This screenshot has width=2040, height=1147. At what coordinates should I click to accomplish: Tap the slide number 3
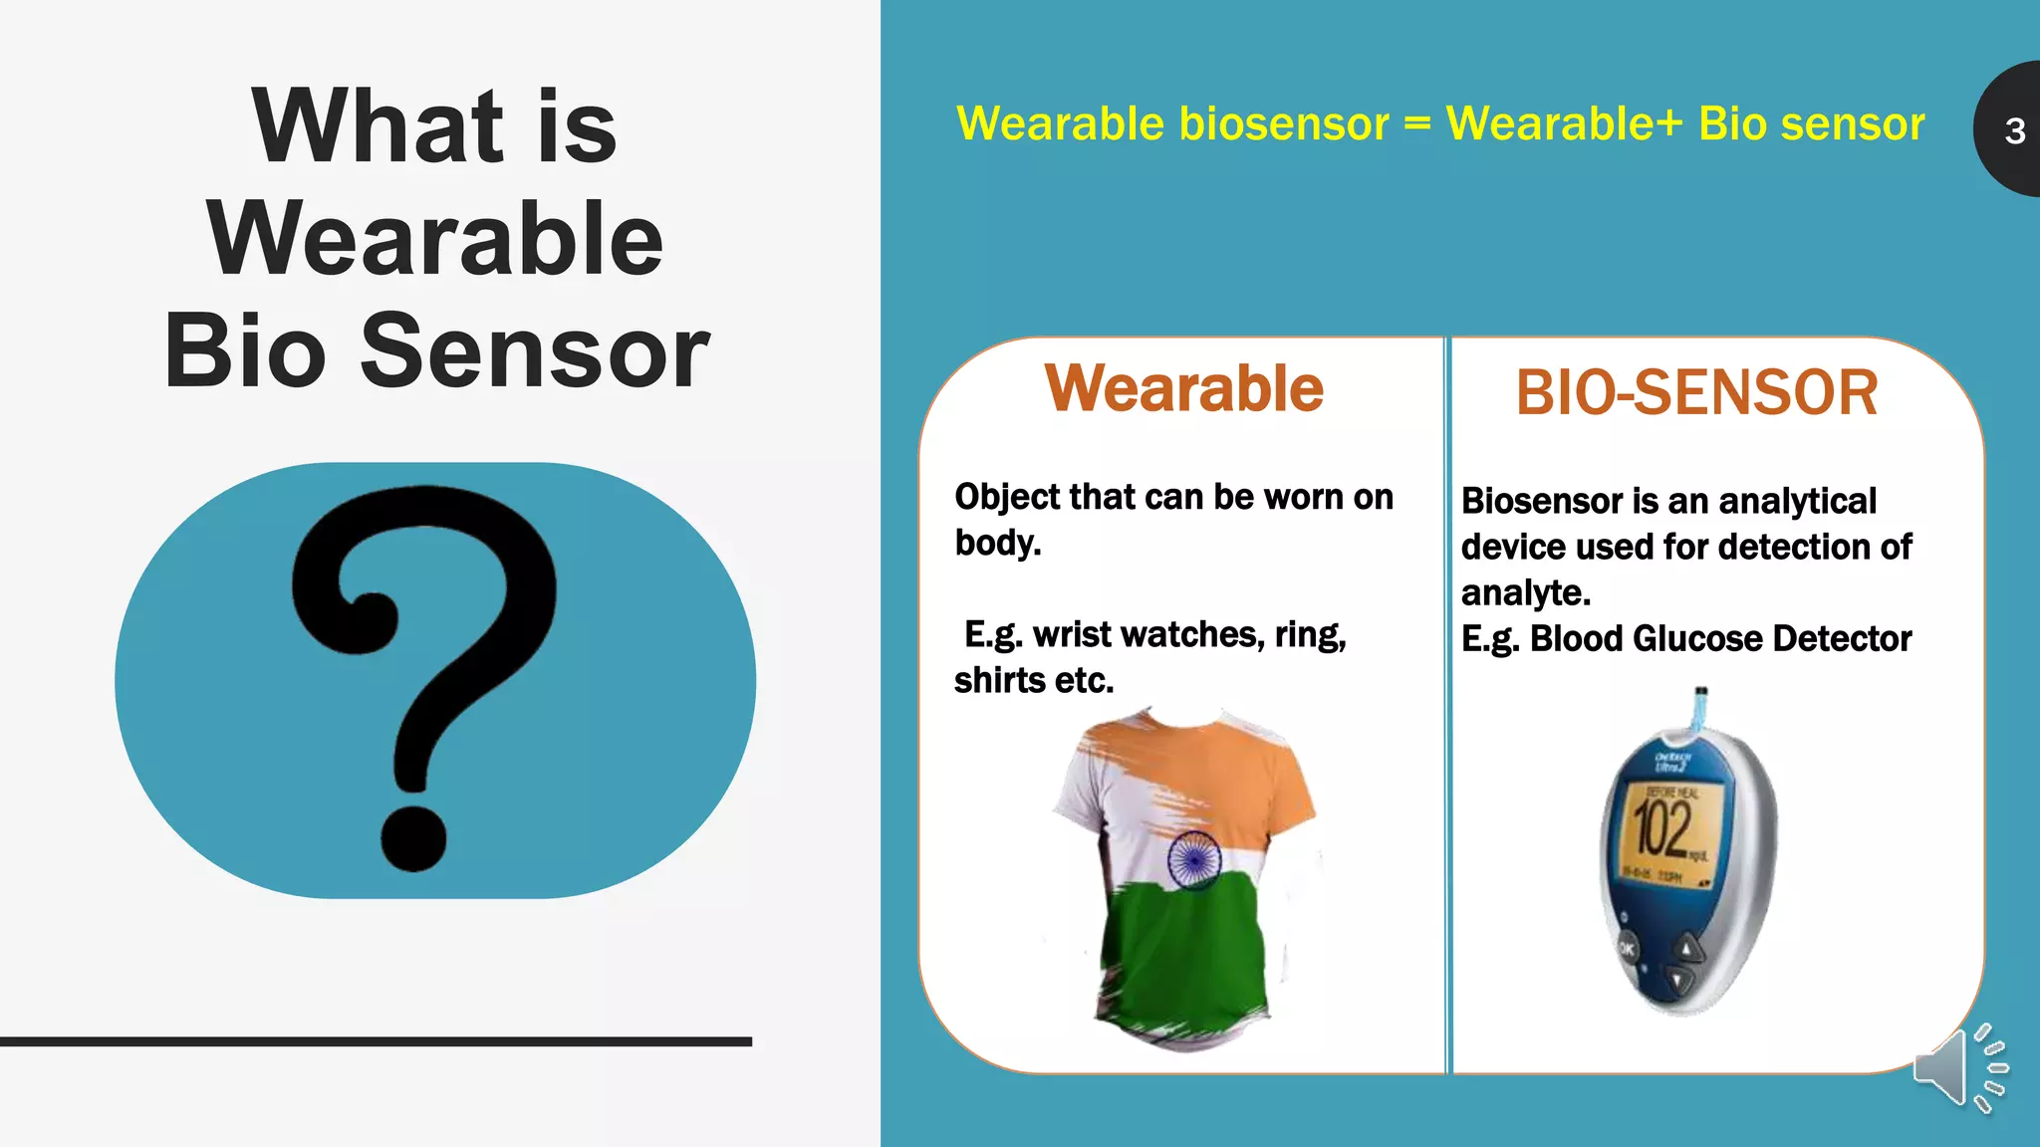pos(2014,131)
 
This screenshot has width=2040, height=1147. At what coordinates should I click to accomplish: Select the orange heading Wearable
pos(1183,388)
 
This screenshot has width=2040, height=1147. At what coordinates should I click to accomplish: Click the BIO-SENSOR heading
pos(1696,393)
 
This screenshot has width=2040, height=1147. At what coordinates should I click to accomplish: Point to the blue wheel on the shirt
pos(1193,858)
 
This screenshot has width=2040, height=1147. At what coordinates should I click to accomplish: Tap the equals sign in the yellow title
pos(1416,124)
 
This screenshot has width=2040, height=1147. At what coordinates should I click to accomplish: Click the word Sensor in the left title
pos(534,351)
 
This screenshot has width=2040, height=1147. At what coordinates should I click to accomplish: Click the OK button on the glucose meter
pos(1626,948)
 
